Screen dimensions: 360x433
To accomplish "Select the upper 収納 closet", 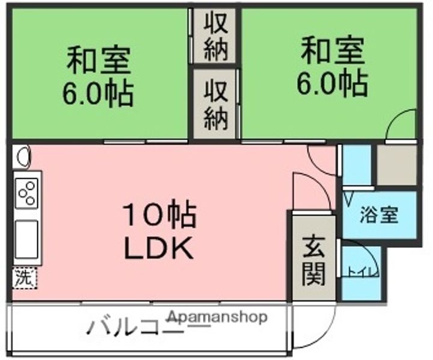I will (216, 37).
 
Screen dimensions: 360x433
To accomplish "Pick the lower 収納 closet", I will (216, 105).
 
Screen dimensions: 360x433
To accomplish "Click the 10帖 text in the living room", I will (159, 216).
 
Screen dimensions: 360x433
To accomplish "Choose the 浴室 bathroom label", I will (379, 216).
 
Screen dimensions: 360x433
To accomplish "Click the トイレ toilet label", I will (361, 273).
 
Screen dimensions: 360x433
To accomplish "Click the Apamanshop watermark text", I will (217, 317).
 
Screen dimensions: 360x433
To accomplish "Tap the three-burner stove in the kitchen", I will (27, 193).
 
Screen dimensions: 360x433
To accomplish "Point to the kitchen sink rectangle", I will (26, 238).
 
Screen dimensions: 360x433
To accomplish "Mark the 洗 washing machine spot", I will (23, 278).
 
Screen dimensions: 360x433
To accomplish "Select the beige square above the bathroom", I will (396, 165).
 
